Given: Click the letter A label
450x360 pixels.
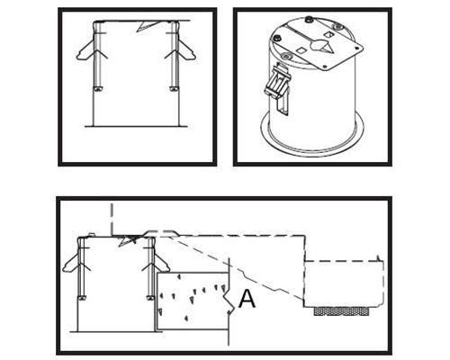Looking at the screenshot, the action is [247, 299].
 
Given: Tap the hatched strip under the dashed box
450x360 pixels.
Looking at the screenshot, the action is [341, 311].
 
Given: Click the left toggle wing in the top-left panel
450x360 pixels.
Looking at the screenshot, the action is [86, 50].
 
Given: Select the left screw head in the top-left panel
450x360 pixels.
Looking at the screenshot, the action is [98, 89].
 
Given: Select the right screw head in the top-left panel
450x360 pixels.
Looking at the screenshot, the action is [174, 89].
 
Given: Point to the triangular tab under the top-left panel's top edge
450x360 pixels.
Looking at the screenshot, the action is [146, 26].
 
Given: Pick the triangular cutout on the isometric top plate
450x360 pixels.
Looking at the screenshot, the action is [328, 48].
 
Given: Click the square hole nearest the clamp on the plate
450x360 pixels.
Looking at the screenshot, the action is [301, 50].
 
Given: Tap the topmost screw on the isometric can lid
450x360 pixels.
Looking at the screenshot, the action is [307, 20].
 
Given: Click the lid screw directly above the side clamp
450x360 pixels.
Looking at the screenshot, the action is [284, 56].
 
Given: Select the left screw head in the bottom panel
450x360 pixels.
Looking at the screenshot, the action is [82, 298].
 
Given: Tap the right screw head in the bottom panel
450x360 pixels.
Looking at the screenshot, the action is [151, 298].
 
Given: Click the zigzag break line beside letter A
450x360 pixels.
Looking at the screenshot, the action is [229, 301].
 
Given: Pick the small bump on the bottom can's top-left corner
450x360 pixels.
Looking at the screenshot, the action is [92, 233].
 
